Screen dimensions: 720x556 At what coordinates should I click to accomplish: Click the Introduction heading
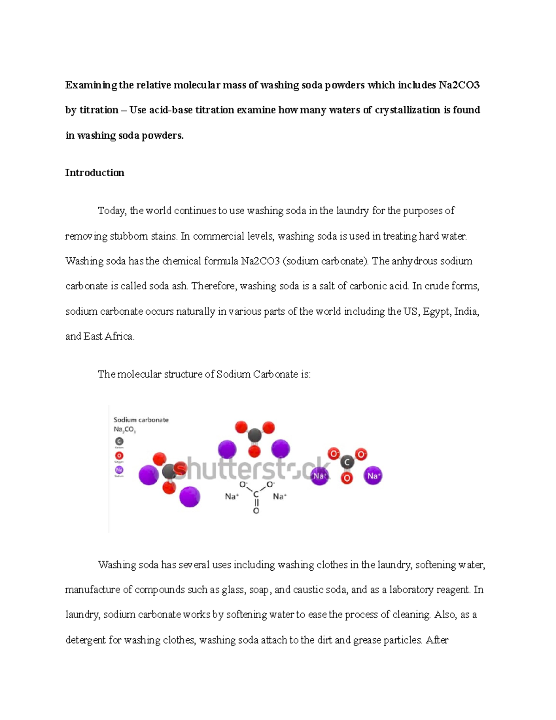(x=95, y=173)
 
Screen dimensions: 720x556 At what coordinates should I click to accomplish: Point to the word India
(x=466, y=312)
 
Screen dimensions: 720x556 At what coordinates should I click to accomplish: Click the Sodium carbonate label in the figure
(x=141, y=420)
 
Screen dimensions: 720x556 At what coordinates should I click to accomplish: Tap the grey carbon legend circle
(x=119, y=441)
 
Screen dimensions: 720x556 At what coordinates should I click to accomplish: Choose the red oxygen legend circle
(x=119, y=456)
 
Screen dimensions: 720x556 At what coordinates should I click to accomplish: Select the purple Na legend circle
(x=119, y=470)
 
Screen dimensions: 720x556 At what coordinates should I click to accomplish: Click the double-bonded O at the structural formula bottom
(x=256, y=510)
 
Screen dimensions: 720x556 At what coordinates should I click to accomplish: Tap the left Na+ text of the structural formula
(x=232, y=497)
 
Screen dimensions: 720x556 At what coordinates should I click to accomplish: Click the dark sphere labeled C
(x=347, y=462)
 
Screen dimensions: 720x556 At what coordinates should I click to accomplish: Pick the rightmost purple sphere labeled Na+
(x=373, y=476)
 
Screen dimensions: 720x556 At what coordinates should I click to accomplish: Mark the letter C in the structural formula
(x=256, y=495)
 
